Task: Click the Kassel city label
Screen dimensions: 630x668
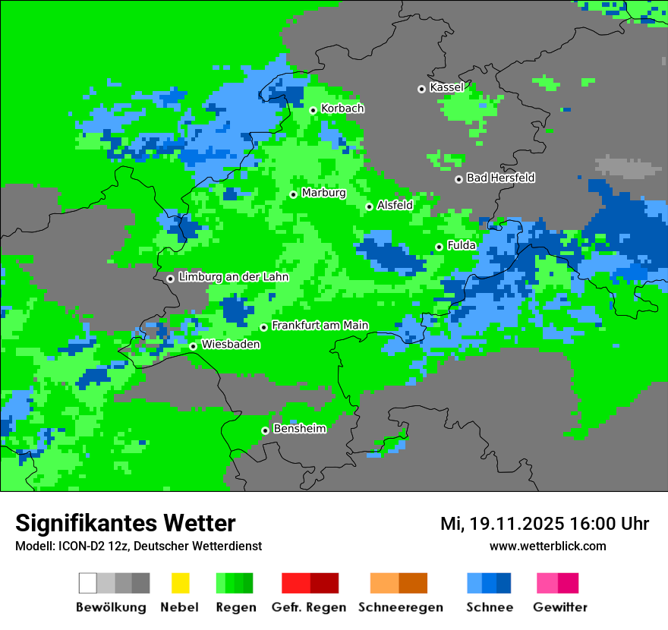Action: (x=446, y=87)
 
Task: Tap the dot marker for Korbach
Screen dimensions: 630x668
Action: (x=313, y=110)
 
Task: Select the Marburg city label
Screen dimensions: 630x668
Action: (x=323, y=193)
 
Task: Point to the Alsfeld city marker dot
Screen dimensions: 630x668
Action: (x=370, y=206)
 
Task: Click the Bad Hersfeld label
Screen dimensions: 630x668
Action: (x=500, y=178)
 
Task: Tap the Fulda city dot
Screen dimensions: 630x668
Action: (x=440, y=247)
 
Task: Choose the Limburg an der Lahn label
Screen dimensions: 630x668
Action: (x=233, y=277)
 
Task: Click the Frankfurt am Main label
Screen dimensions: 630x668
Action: (x=320, y=326)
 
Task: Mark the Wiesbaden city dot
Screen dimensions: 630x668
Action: (x=194, y=346)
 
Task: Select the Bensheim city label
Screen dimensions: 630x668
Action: (x=299, y=429)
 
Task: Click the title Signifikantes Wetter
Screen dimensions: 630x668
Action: (x=125, y=523)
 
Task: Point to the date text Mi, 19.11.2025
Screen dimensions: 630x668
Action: (x=501, y=524)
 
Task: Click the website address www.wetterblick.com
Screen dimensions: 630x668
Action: (x=547, y=546)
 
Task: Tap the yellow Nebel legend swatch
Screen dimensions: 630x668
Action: (x=180, y=583)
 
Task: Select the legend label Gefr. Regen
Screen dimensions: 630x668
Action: (x=309, y=607)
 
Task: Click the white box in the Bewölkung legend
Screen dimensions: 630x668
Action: (x=88, y=583)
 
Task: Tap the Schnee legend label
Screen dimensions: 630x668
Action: (x=489, y=607)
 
